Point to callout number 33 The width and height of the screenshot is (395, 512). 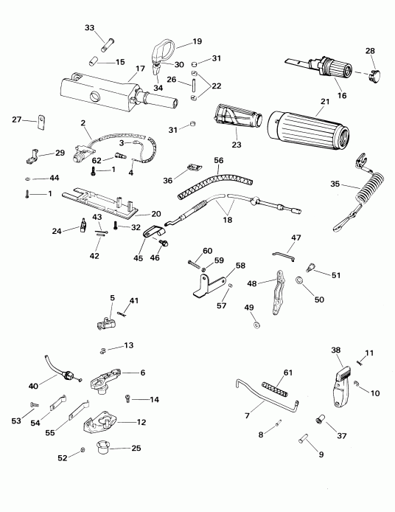click(90, 27)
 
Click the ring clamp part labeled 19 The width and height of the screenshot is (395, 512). click(161, 52)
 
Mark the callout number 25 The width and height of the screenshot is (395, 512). click(136, 447)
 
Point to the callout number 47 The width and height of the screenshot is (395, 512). click(297, 238)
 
